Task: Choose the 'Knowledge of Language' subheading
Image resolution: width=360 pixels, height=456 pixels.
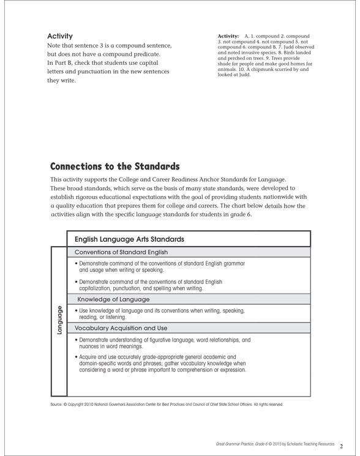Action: pyautogui.click(x=113, y=299)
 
